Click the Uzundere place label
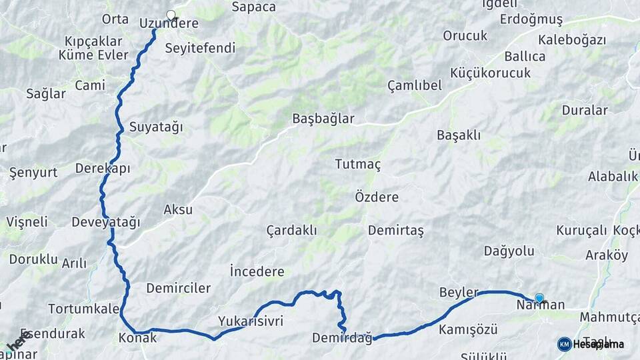tap(169, 23)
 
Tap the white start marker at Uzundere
tap(171, 15)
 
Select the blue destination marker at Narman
tap(539, 298)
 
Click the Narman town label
tap(541, 305)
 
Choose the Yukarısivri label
tap(251, 321)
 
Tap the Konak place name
tap(137, 337)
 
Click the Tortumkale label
tap(83, 309)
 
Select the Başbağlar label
tap(323, 119)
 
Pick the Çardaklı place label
tap(291, 230)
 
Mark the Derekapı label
tap(103, 168)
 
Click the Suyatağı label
tap(155, 127)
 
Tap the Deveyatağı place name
tap(105, 222)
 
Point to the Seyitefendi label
tap(200, 48)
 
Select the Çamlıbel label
tap(415, 85)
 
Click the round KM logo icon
tap(564, 344)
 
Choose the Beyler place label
tap(459, 293)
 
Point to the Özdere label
tap(377, 197)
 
